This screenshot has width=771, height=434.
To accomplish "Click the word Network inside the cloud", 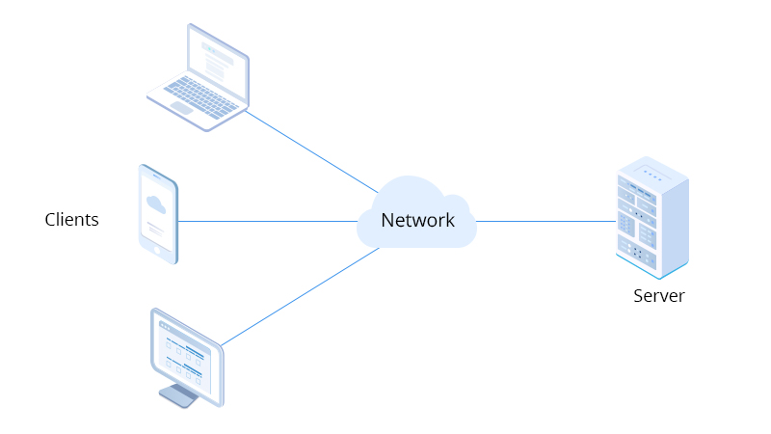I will pyautogui.click(x=417, y=220).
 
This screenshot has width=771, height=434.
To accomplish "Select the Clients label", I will pyautogui.click(x=71, y=220).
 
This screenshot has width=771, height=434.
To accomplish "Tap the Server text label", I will pyautogui.click(x=658, y=296).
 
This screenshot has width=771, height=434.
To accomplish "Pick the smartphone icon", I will pyautogui.click(x=158, y=214).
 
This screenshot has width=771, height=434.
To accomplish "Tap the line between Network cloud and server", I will pyautogui.click(x=545, y=221).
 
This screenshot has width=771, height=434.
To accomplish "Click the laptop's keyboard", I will pyautogui.click(x=201, y=95).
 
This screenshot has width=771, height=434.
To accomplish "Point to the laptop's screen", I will pyautogui.click(x=218, y=60).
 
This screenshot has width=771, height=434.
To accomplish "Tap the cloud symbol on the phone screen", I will pyautogui.click(x=155, y=203).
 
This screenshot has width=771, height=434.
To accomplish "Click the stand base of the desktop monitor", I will pyautogui.click(x=177, y=395).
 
